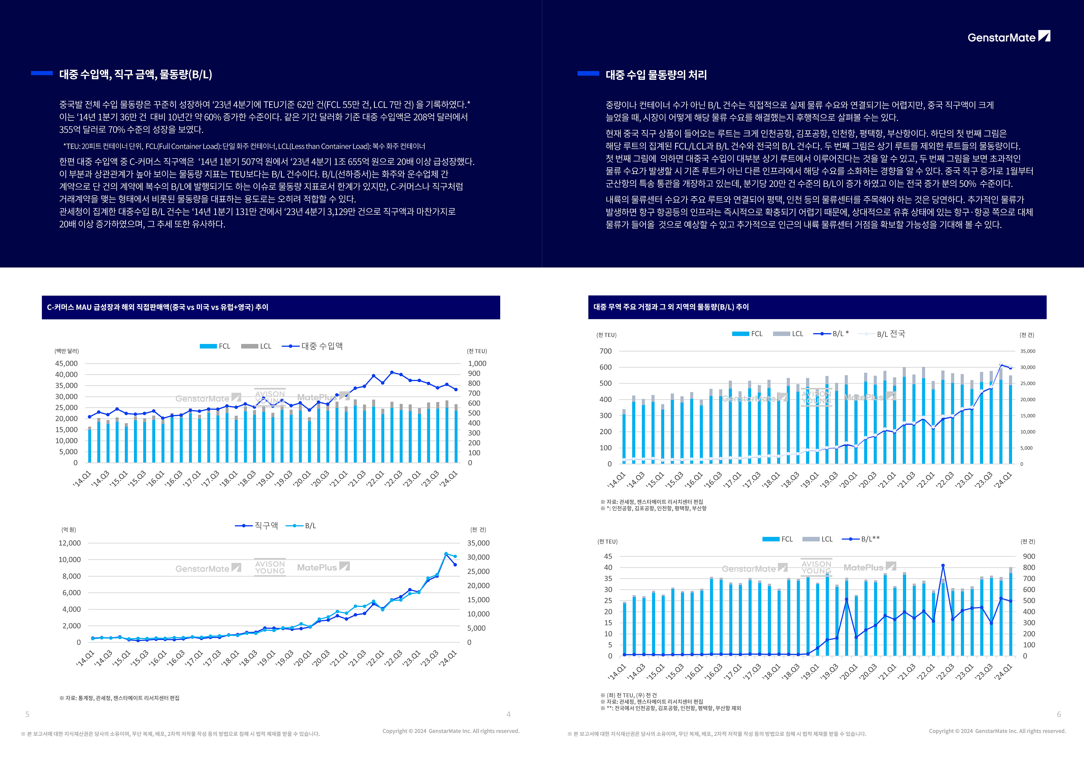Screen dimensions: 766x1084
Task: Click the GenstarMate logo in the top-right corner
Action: tap(1008, 37)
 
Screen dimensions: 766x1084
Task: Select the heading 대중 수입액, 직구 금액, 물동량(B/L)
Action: tap(135, 74)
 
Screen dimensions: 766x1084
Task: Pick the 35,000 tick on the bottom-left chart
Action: tap(478, 543)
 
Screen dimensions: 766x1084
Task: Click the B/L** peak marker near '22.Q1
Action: tap(943, 566)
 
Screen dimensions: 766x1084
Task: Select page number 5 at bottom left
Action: tap(27, 715)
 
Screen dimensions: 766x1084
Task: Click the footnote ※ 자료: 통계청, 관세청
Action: tap(120, 698)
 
